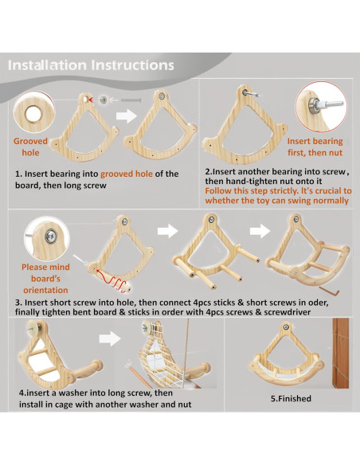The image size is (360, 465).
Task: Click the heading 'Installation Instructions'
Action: pos(91,65)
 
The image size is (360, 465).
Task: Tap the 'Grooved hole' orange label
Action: pos(30,147)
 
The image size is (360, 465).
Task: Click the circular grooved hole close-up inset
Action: pos(34,113)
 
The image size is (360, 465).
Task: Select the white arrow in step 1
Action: pos(126,115)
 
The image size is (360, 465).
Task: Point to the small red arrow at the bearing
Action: pos(94,100)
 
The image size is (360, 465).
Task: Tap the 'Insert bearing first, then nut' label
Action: pos(315,147)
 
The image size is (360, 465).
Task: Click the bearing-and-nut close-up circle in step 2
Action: pos(321,107)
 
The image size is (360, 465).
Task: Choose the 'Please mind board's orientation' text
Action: pos(45,278)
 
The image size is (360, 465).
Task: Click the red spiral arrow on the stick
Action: pos(113,279)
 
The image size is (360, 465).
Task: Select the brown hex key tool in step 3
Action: pos(330,291)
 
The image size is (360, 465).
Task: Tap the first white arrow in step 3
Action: pos(167,231)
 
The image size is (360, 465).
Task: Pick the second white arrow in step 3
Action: pos(260,231)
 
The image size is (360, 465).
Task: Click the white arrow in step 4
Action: pos(109,338)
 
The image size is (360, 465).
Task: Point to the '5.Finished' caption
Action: pos(291,398)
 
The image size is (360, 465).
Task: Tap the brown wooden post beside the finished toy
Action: pos(341,353)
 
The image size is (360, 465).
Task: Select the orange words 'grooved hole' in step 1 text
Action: pos(127,174)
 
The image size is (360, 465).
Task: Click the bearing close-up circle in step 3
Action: pos(47,239)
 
